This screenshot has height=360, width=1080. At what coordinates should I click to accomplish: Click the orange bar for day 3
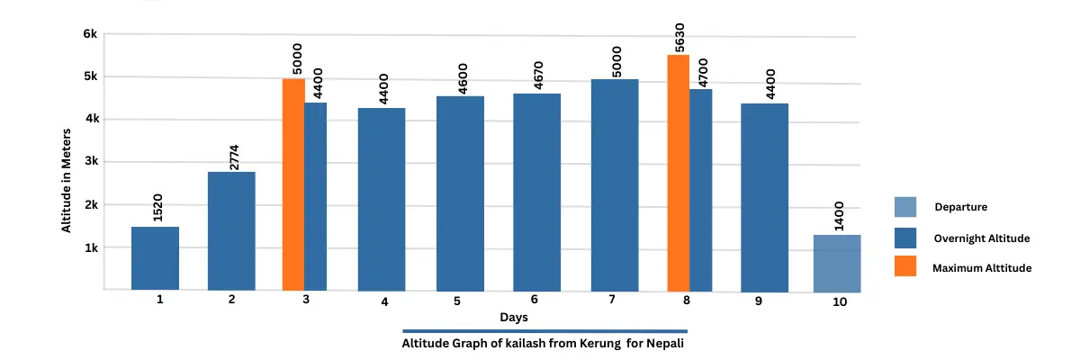(293, 184)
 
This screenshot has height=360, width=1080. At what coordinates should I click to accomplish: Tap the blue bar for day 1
(155, 258)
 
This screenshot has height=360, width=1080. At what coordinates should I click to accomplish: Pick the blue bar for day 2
(231, 230)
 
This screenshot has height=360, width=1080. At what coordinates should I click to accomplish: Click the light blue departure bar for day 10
(837, 263)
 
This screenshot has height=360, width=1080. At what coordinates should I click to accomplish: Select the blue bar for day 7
(615, 184)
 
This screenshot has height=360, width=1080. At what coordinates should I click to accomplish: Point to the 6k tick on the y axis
(90, 34)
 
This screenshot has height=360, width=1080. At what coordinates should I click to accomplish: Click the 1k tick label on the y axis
(90, 247)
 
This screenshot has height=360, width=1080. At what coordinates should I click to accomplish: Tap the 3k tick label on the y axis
(90, 162)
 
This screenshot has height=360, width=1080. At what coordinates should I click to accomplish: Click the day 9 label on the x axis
(759, 301)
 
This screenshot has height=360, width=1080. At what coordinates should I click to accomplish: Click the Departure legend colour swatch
(905, 207)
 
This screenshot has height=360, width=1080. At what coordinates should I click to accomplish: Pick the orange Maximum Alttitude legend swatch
(905, 267)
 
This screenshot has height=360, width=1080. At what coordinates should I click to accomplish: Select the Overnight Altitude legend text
(981, 238)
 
